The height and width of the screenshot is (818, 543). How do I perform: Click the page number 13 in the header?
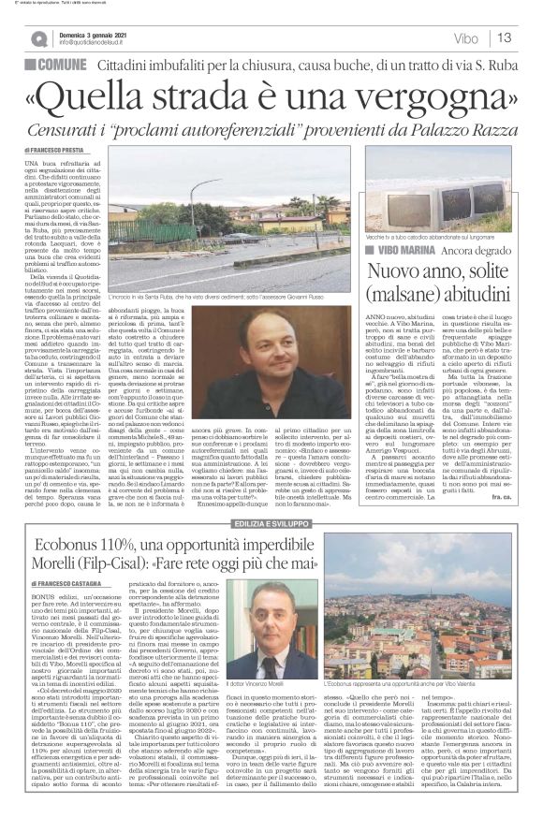pos(505,37)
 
